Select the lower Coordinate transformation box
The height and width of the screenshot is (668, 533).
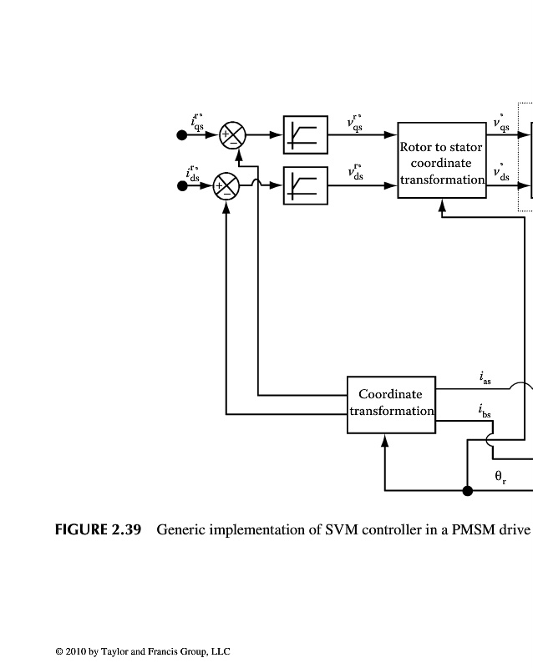391,404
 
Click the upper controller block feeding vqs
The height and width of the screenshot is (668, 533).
306,134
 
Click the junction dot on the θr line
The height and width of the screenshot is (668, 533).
467,490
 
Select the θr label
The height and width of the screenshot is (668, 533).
500,478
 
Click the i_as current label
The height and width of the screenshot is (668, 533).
485,378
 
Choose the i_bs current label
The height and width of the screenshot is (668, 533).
485,411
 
